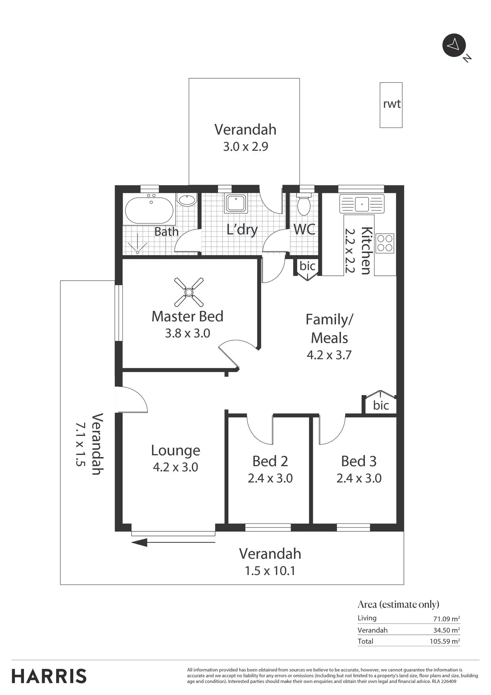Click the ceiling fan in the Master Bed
(189, 292)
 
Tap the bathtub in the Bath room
(149, 210)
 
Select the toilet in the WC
(304, 205)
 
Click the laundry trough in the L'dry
(236, 204)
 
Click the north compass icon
(454, 45)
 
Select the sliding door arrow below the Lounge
(173, 542)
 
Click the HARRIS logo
(49, 676)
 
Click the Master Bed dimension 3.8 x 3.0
(187, 333)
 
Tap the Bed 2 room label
(270, 461)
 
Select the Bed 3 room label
(359, 461)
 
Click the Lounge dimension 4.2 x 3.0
(175, 467)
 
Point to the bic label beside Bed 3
(381, 405)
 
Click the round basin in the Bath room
(186, 201)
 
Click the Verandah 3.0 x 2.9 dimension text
(246, 147)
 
